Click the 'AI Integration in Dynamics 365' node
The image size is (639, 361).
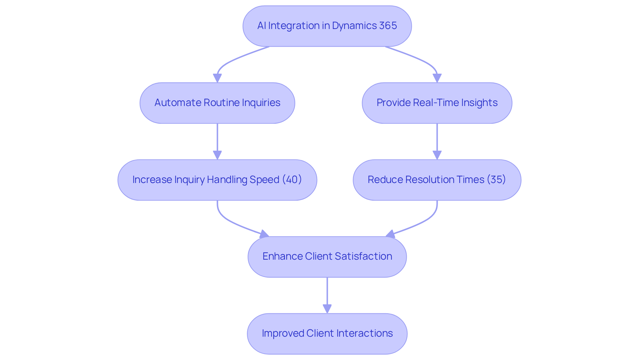coord(327,26)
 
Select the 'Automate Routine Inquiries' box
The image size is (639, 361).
coord(217,103)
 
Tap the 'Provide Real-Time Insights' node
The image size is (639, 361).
coord(437,103)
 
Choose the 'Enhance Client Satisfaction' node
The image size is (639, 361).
coord(327,257)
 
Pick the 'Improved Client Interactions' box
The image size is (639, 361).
coord(327,333)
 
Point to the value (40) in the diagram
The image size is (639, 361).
coord(292,180)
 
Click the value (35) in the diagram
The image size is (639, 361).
coord(496,180)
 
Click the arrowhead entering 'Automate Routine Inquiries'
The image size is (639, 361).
coord(217,78)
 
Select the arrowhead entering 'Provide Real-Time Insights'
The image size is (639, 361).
coord(437,78)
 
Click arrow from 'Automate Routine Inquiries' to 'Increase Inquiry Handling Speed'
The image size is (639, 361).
coord(217,140)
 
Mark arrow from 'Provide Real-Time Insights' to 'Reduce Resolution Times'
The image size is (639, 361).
coord(437,140)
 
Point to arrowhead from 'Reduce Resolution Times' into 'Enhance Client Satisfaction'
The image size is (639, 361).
coord(390,234)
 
